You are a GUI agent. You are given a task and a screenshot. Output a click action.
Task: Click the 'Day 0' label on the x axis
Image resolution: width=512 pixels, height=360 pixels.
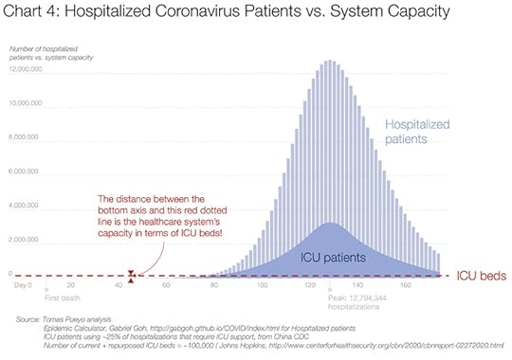click(23, 283)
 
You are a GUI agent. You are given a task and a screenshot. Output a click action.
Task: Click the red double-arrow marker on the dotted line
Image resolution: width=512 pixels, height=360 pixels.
click(133, 275)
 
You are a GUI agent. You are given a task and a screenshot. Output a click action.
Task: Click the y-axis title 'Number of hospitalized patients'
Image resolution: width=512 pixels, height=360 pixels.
click(46, 49)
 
